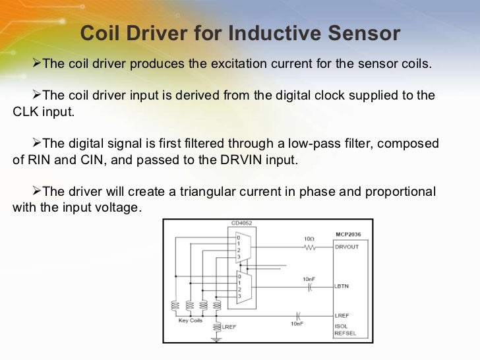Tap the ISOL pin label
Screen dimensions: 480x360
(x=342, y=325)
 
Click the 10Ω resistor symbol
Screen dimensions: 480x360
(x=309, y=249)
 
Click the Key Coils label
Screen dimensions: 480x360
(x=191, y=320)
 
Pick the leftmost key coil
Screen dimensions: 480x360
(x=175, y=306)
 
